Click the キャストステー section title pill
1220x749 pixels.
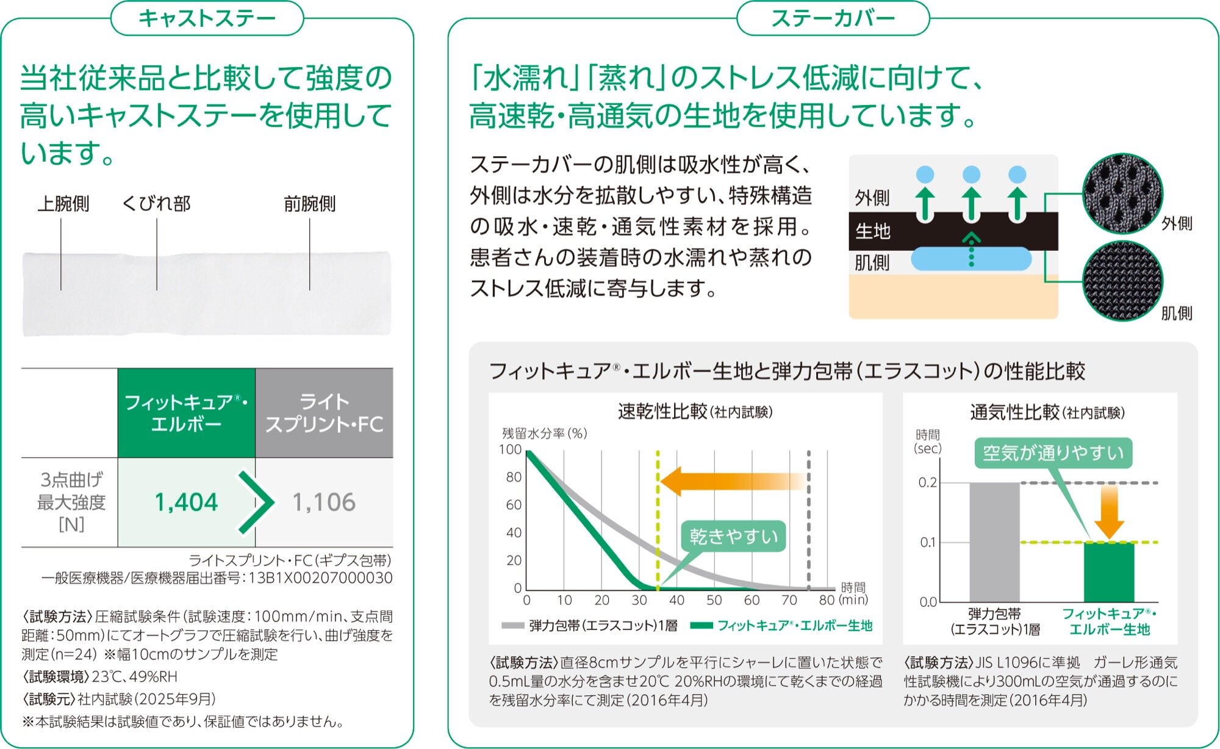207,18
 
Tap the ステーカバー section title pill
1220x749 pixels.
833,18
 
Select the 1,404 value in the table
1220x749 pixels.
186,502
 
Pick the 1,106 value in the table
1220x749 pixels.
324,502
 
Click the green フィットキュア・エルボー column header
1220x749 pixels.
186,413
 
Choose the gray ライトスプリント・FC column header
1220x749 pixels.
324,413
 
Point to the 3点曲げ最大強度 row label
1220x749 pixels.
71,502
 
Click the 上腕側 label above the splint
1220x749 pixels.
63,203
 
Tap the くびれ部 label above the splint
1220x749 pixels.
157,203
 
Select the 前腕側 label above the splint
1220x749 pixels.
310,203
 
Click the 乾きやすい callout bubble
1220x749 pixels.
734,537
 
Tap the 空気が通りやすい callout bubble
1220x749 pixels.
1053,453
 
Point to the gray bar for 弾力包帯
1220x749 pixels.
994,542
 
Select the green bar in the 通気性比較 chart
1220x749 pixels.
1109,572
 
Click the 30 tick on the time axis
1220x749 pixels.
639,600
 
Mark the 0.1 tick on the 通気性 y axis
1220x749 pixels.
928,542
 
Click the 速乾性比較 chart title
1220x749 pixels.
695,412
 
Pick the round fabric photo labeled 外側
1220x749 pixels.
1122,194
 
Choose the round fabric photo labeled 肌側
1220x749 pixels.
1122,281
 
